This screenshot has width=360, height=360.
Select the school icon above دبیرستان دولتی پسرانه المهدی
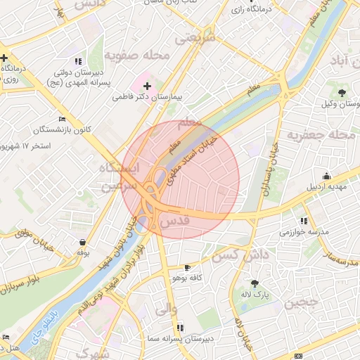tap(78, 60)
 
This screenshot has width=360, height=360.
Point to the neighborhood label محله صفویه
tap(138, 55)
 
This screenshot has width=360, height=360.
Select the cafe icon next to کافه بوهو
tap(187, 268)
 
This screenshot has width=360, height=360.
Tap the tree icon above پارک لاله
tap(255, 283)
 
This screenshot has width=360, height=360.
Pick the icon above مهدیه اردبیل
tap(326, 176)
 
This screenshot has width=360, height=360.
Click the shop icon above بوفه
tap(83, 242)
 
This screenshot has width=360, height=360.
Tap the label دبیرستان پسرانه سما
tap(181, 338)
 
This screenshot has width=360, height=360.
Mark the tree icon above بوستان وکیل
tap(342, 93)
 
